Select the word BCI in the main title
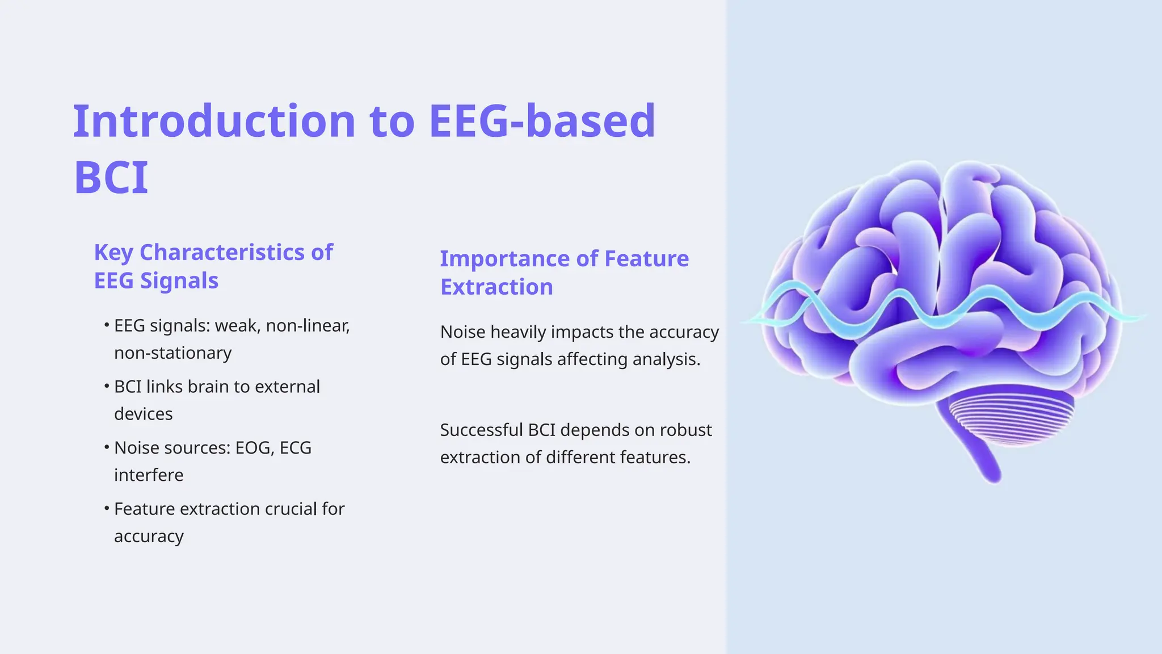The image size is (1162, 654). pyautogui.click(x=111, y=178)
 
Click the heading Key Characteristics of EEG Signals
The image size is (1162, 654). pyautogui.click(x=213, y=266)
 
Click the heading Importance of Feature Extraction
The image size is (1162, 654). pyautogui.click(x=564, y=272)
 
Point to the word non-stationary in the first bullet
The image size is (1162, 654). pyautogui.click(x=172, y=353)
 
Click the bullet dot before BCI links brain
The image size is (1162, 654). pyautogui.click(x=107, y=387)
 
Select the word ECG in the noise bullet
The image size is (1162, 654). pyautogui.click(x=296, y=448)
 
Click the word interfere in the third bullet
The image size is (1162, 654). pyautogui.click(x=149, y=475)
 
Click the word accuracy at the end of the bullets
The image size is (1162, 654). pyautogui.click(x=149, y=536)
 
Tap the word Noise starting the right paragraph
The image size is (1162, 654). pyautogui.click(x=462, y=332)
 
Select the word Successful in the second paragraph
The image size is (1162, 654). pyautogui.click(x=481, y=430)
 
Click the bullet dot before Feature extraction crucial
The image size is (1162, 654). pyautogui.click(x=107, y=509)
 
